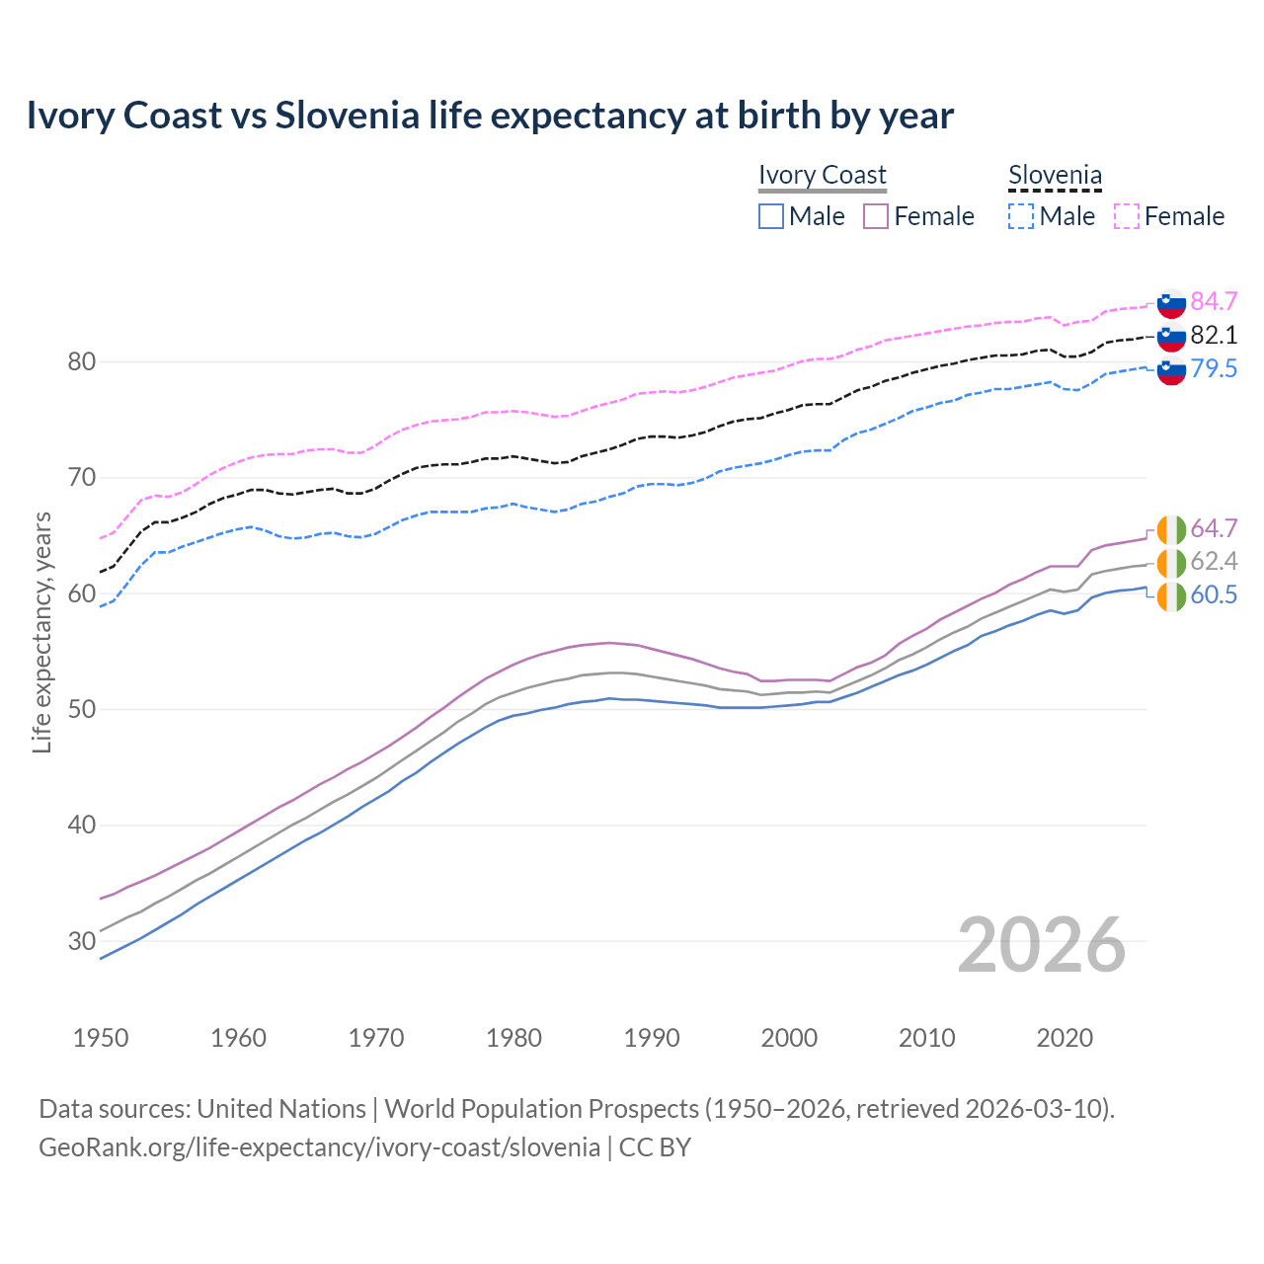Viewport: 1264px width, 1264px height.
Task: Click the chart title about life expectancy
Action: tap(490, 116)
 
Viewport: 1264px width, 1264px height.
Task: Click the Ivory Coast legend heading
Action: tap(823, 175)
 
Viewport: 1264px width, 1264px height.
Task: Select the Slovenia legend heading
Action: tap(1055, 175)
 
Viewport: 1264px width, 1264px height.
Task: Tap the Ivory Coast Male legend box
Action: tap(771, 216)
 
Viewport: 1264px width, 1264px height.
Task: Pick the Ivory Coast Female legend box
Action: tap(877, 216)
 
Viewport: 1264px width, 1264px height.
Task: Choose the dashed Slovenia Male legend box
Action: tap(1021, 216)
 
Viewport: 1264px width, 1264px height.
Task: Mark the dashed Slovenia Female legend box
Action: tap(1127, 216)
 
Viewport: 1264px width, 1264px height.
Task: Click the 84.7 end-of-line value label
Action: tap(1214, 301)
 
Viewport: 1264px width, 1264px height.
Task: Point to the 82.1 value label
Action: tap(1214, 335)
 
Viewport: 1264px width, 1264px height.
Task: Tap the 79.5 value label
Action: tap(1214, 368)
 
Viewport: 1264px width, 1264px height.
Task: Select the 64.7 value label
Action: tap(1214, 528)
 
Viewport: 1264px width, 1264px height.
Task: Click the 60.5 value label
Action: tap(1214, 594)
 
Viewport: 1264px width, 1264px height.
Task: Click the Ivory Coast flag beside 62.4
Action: tap(1171, 563)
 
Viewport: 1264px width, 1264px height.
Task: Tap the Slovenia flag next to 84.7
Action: tap(1171, 302)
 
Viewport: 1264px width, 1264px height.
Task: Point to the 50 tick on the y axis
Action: tap(82, 709)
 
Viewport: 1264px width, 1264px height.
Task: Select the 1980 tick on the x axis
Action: tap(513, 1038)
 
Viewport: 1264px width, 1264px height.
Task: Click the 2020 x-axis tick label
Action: tap(1065, 1038)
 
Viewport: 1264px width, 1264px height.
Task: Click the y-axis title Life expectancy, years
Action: tap(41, 632)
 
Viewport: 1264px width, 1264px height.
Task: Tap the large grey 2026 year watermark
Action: tap(1042, 945)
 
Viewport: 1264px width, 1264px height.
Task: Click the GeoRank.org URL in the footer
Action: tap(319, 1147)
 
